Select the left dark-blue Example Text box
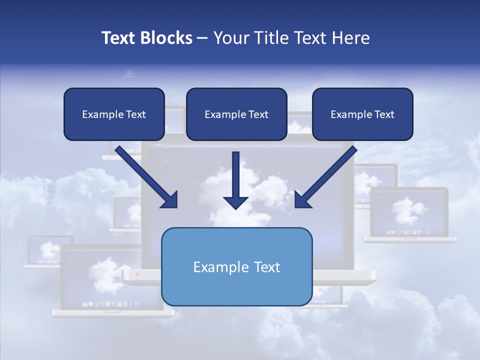[x=114, y=114]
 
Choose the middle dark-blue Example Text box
[x=236, y=114]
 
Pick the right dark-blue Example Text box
[x=362, y=114]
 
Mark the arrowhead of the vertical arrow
[x=235, y=202]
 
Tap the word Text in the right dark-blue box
[x=384, y=114]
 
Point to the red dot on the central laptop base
[x=138, y=274]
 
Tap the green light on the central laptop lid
[x=158, y=145]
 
